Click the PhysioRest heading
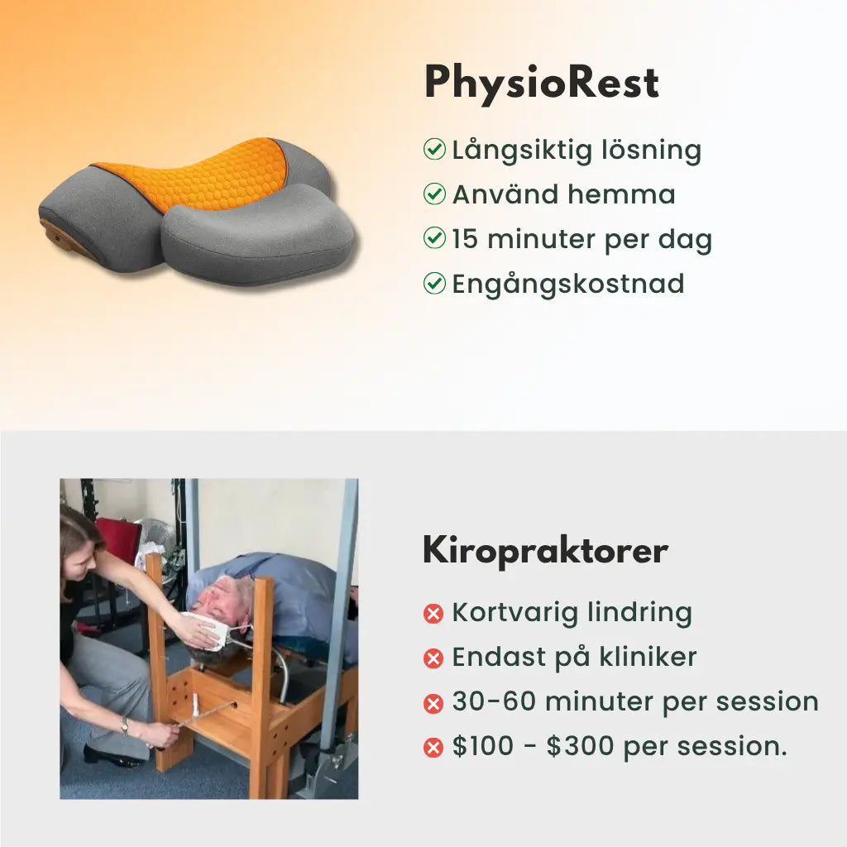pyautogui.click(x=541, y=84)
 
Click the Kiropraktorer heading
pyautogui.click(x=545, y=551)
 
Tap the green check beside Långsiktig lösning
pyautogui.click(x=434, y=150)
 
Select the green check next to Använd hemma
pyautogui.click(x=434, y=194)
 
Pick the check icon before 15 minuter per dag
pyautogui.click(x=434, y=239)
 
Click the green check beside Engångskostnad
pyautogui.click(x=434, y=284)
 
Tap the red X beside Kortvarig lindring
pyautogui.click(x=433, y=614)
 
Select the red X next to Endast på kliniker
pyautogui.click(x=433, y=658)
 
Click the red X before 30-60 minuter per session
pyautogui.click(x=433, y=703)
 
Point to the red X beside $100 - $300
pyautogui.click(x=433, y=748)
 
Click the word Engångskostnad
pyautogui.click(x=568, y=284)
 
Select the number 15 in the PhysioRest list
pyautogui.click(x=465, y=239)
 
